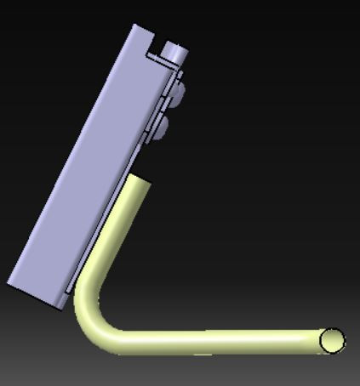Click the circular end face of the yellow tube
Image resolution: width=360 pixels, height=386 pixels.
tap(332, 341)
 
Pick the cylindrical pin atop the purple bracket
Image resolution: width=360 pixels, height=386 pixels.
tap(174, 54)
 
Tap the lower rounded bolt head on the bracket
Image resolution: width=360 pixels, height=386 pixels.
tap(161, 128)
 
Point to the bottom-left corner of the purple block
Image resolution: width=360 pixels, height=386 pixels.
tap(11, 282)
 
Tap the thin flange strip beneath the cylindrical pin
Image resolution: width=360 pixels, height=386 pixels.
tap(167, 63)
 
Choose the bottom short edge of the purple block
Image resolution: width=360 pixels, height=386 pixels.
tap(34, 294)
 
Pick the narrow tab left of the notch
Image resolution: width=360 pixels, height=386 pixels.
tap(143, 34)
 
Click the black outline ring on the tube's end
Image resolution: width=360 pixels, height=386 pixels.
tap(343, 341)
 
